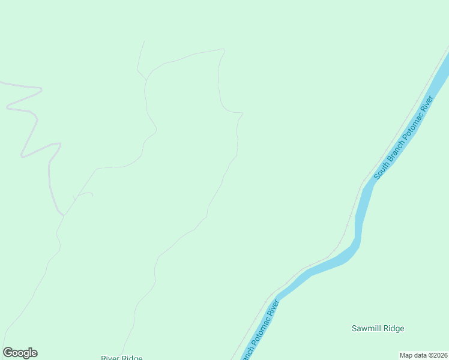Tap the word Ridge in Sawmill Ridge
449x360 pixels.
pos(394,328)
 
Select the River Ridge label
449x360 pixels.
pos(122,358)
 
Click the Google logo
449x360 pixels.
pos(20,353)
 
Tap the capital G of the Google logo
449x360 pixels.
pos(8,353)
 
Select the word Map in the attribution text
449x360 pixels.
pos(406,355)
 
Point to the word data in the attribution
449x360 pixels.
pos(420,355)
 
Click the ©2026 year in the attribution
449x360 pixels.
pos(438,355)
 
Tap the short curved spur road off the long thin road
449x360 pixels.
pos(84,193)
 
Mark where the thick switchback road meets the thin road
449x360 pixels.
pos(64,214)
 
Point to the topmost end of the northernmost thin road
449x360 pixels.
pos(145,42)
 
